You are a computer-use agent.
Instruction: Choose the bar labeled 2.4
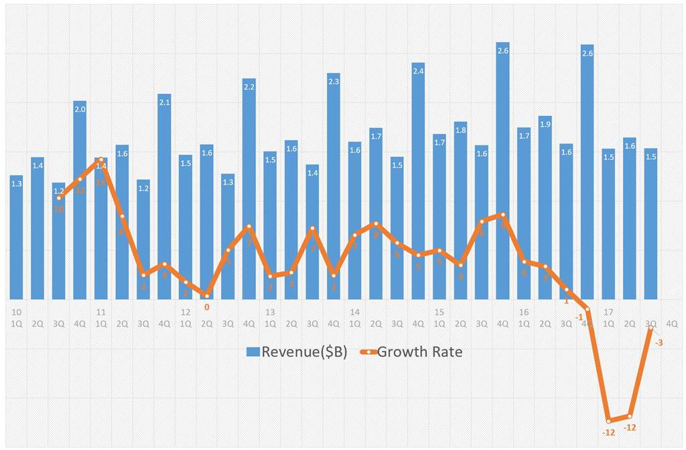(x=418, y=181)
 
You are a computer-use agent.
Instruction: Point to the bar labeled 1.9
(x=545, y=207)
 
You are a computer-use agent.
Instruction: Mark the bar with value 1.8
(x=460, y=211)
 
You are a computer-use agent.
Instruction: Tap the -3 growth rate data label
(x=659, y=343)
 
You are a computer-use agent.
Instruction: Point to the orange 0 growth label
(x=206, y=307)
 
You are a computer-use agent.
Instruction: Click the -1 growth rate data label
(x=579, y=317)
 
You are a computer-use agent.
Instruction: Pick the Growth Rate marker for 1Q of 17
(x=608, y=420)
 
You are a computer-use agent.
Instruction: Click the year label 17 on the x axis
(x=608, y=313)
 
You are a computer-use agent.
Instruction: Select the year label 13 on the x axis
(x=270, y=313)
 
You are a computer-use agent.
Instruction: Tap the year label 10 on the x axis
(x=17, y=313)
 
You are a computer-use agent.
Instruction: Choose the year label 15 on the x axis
(x=439, y=313)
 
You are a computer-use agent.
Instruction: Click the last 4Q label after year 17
(x=671, y=323)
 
